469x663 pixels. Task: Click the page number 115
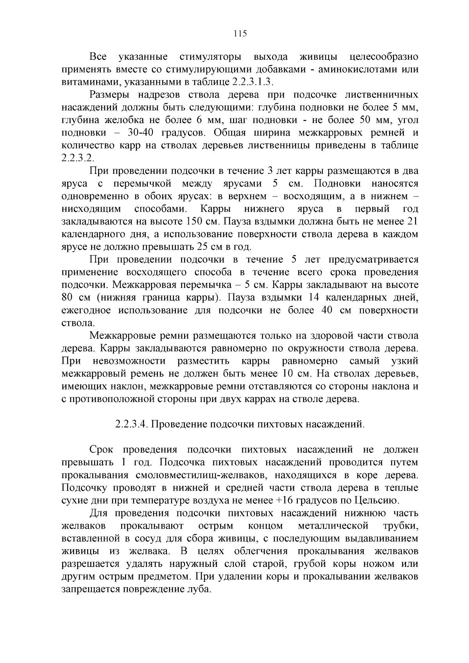240,34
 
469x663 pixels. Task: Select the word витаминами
86,82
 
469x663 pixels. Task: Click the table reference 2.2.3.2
78,158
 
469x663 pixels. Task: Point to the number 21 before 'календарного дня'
412,222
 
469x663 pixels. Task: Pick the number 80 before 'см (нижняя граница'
68,298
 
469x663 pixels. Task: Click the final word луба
200,589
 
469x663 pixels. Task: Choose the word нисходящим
91,209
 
